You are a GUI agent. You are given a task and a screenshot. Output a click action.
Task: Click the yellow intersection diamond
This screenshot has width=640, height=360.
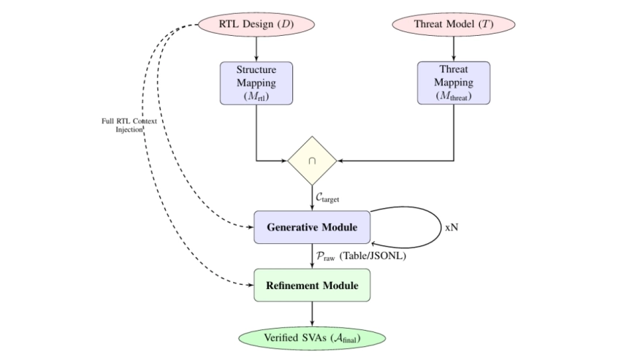pos(313,159)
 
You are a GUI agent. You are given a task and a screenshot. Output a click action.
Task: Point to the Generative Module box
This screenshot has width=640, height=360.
pos(313,227)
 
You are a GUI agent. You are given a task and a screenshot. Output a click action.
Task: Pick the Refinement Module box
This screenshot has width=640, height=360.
pos(313,285)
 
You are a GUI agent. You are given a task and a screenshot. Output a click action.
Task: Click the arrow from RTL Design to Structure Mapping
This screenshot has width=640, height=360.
pos(256,48)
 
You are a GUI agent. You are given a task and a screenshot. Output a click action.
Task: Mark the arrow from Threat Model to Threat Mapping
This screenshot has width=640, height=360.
pos(454,48)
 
